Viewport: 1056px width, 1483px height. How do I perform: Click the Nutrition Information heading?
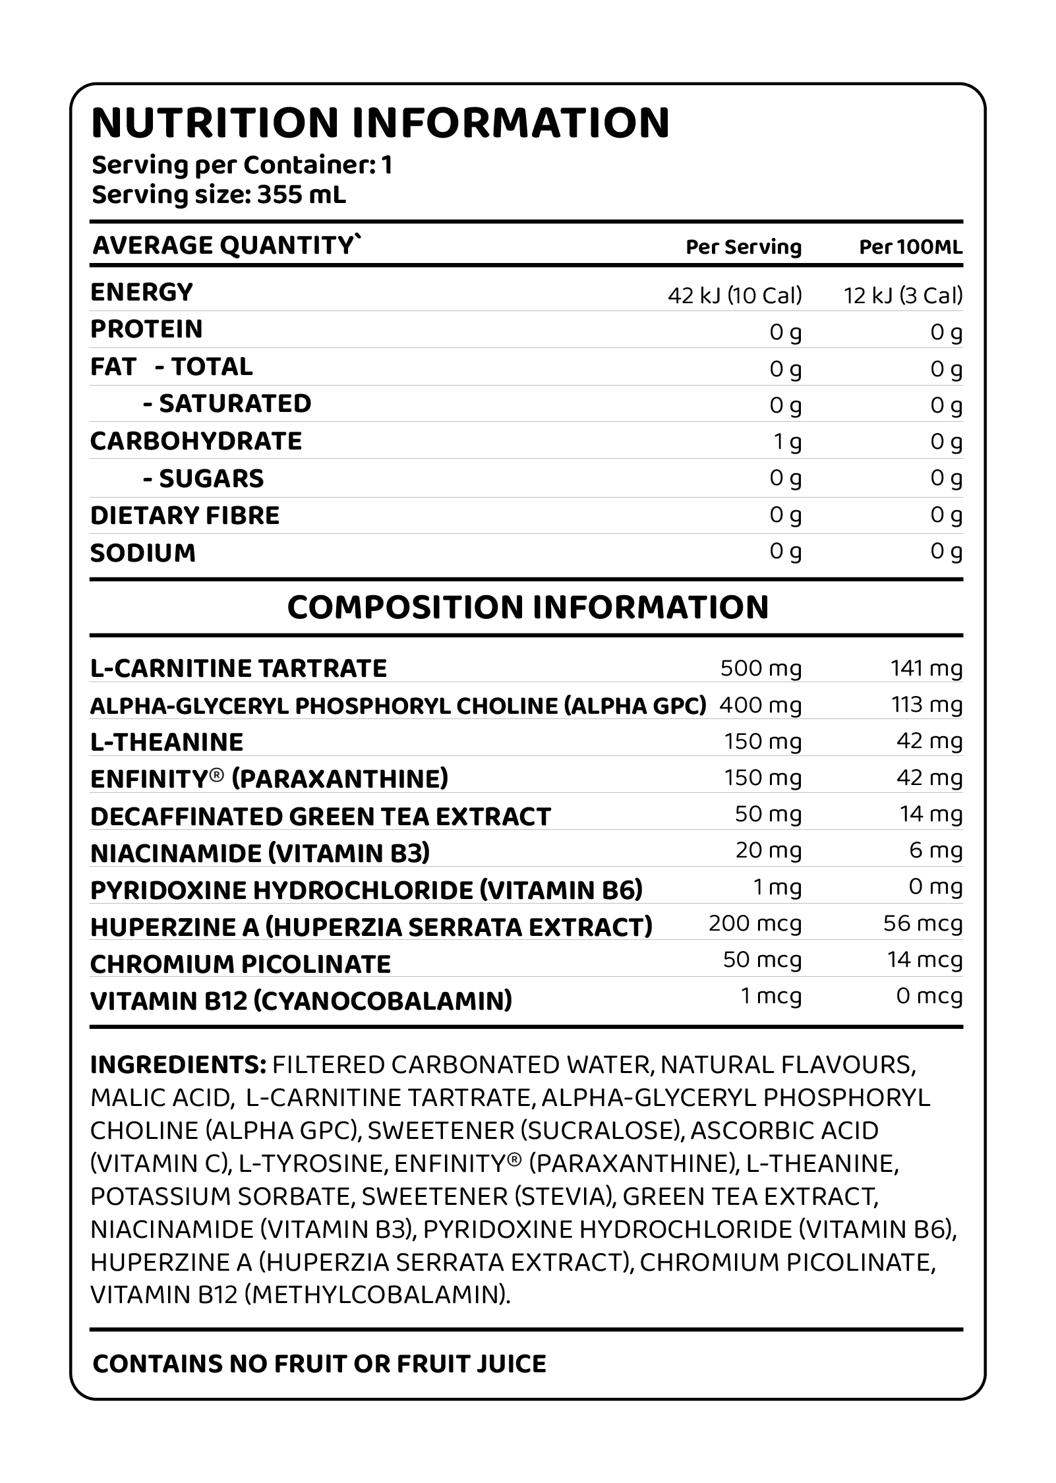click(380, 123)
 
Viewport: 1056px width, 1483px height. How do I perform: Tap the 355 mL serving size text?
click(301, 195)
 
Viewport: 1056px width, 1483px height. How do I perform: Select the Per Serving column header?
click(744, 247)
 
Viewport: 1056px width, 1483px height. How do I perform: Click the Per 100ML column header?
click(910, 247)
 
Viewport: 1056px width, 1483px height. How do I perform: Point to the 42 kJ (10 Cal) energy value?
click(734, 295)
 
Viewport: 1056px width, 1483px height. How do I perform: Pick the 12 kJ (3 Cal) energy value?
click(903, 295)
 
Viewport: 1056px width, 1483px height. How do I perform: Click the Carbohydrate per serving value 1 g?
click(788, 442)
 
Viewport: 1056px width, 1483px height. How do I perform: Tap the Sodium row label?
click(143, 553)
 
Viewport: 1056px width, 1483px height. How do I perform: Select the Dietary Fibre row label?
click(185, 515)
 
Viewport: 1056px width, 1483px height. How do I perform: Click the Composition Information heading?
click(528, 607)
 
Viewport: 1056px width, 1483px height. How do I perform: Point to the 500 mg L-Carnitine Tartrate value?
click(761, 668)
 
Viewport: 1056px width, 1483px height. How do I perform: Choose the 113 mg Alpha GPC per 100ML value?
click(927, 705)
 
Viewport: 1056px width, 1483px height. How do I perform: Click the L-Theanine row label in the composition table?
click(167, 742)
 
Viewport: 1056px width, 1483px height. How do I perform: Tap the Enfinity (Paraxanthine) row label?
click(269, 779)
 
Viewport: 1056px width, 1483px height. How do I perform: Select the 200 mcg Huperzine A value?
click(755, 923)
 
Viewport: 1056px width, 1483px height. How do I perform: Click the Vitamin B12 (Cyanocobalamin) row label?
click(301, 1001)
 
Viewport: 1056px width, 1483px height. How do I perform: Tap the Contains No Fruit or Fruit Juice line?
click(320, 1364)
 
